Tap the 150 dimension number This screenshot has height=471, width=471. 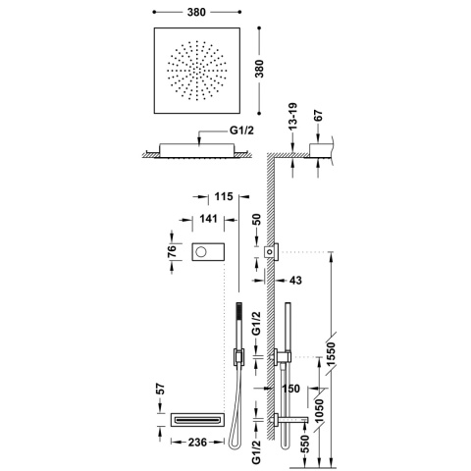click(290, 389)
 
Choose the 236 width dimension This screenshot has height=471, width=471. click(197, 443)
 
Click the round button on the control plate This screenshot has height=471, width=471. click(202, 252)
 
